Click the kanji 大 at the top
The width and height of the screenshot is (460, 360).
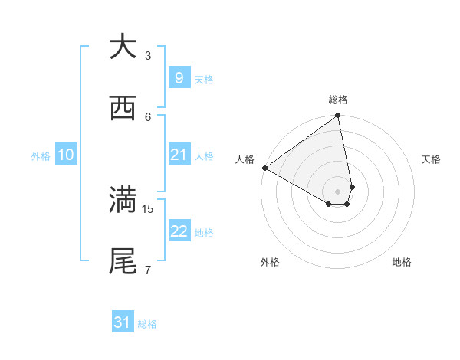click(123, 47)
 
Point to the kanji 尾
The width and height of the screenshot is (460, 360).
click(123, 260)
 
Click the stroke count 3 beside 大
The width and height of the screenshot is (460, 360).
click(148, 55)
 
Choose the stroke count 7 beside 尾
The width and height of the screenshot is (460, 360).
click(148, 270)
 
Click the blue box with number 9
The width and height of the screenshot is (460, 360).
click(179, 77)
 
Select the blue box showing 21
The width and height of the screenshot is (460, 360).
click(179, 155)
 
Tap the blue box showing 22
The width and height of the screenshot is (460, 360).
click(179, 231)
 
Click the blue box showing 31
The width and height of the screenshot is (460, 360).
click(122, 322)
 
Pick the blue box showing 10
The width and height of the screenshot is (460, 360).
click(65, 155)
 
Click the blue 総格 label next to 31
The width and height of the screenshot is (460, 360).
click(147, 324)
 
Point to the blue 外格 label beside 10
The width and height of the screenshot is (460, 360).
click(41, 155)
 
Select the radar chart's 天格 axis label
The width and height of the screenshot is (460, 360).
click(431, 159)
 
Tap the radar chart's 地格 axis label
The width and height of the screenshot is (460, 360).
click(402, 262)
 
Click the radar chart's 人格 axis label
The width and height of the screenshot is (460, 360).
click(245, 159)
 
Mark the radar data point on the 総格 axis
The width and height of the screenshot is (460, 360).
click(337, 116)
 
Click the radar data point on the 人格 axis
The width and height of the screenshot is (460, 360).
click(264, 168)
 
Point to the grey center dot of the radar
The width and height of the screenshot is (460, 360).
click(337, 191)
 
